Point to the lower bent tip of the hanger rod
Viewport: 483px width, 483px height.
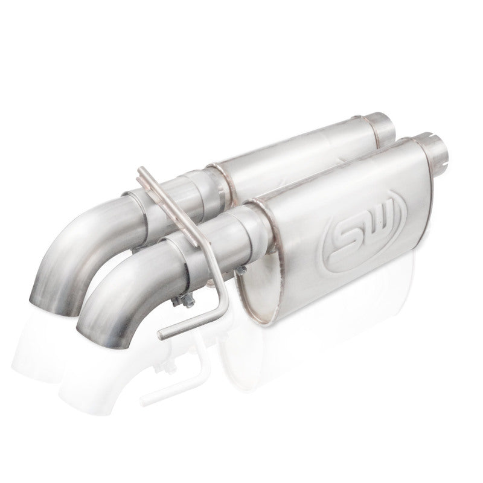tap(164, 331)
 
